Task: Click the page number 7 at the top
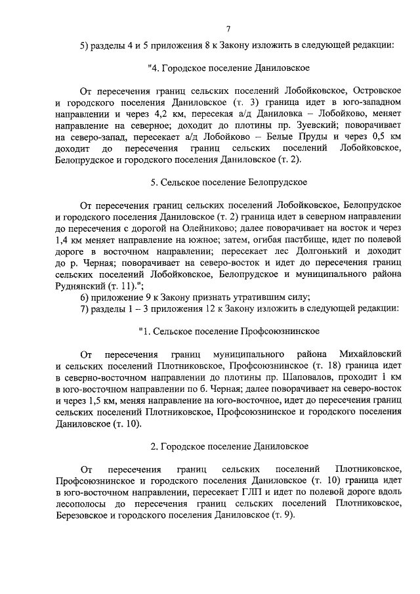point(228,29)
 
